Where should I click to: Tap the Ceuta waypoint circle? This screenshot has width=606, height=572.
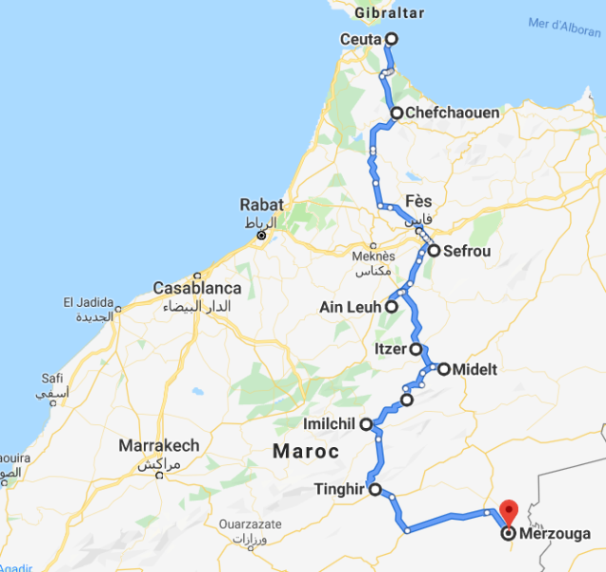(390, 39)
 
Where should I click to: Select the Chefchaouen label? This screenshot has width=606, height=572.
(452, 112)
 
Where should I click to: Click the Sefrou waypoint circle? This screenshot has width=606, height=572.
(434, 252)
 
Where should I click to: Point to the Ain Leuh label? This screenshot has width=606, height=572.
(351, 307)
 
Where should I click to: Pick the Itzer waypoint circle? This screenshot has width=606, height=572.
(416, 349)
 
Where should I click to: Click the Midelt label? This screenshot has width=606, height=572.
(475, 369)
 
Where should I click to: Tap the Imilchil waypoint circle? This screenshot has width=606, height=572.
(365, 423)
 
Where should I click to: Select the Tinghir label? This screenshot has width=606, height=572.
(339, 490)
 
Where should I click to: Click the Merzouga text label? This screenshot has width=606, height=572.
(556, 534)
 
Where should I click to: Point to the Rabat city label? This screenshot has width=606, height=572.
(260, 204)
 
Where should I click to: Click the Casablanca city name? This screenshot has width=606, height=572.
(198, 288)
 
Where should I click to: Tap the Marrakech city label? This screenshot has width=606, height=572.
(159, 445)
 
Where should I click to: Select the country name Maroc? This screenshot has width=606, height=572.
(306, 450)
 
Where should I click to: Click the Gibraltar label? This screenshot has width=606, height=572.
(388, 12)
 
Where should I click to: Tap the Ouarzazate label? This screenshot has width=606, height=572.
(251, 523)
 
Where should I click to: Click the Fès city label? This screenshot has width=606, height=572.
(418, 202)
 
